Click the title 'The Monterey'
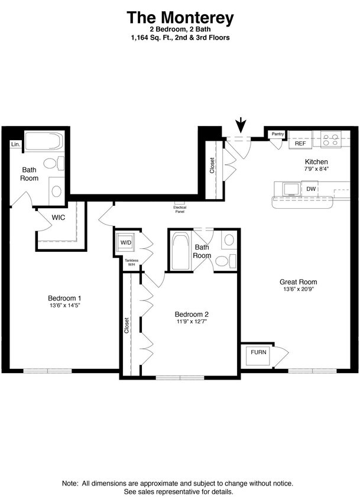pyautogui.click(x=180, y=18)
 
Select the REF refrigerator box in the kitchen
pyautogui.click(x=300, y=144)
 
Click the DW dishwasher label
pyautogui.click(x=311, y=189)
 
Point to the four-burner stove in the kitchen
pyautogui.click(x=331, y=141)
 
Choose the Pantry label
pyautogui.click(x=277, y=134)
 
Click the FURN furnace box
pyautogui.click(x=258, y=352)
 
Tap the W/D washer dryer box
pyautogui.click(x=126, y=242)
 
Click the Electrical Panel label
pyautogui.click(x=180, y=209)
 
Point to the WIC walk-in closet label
pyautogui.click(x=58, y=218)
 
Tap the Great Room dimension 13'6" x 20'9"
pyautogui.click(x=298, y=290)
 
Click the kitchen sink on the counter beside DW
pyautogui.click(x=290, y=189)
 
